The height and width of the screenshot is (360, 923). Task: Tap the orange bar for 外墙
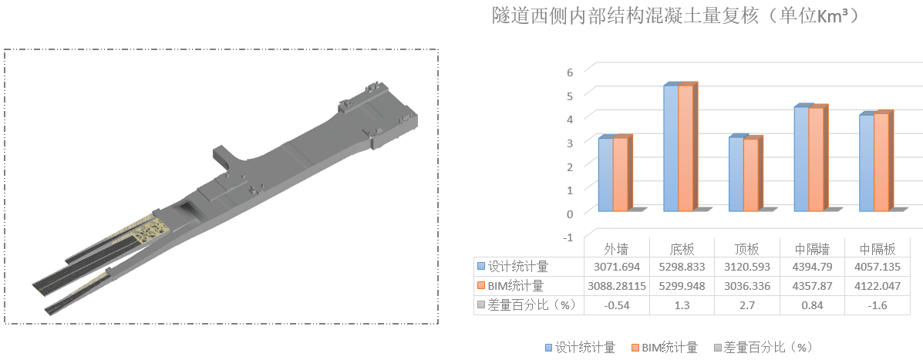tap(620, 174)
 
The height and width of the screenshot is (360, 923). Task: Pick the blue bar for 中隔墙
tap(801, 159)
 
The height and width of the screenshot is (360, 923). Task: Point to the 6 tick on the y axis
tap(570, 71)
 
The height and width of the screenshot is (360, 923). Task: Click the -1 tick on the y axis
tap(568, 237)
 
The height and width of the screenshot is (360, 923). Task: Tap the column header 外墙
tap(615, 249)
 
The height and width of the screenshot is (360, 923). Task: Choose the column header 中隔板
tap(878, 249)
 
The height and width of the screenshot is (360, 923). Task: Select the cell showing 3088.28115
tap(615, 285)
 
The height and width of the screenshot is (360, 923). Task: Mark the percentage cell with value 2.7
tap(746, 304)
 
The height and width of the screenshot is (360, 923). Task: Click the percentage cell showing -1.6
tap(878, 304)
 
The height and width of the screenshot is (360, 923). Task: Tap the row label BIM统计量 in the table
tap(517, 285)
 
